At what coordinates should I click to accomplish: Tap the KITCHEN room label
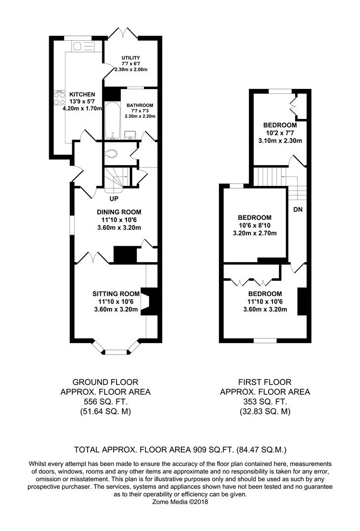pyautogui.click(x=82, y=94)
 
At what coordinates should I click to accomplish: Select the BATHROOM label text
pyautogui.click(x=140, y=105)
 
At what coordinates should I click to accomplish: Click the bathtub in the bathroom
pyautogui.click(x=111, y=121)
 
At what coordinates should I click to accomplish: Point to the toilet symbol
pyautogui.click(x=111, y=153)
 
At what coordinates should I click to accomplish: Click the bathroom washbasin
pyautogui.click(x=131, y=134)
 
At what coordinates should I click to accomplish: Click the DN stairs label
pyautogui.click(x=298, y=209)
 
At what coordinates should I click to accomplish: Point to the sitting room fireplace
pyautogui.click(x=150, y=300)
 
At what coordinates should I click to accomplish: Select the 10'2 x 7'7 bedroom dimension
pyautogui.click(x=280, y=133)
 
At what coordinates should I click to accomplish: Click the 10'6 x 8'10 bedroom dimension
pyautogui.click(x=255, y=225)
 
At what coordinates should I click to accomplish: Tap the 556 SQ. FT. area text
pyautogui.click(x=105, y=402)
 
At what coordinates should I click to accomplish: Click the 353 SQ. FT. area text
pyautogui.click(x=265, y=402)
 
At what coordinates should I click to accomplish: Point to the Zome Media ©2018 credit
pyautogui.click(x=180, y=502)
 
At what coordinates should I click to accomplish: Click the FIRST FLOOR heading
pyautogui.click(x=265, y=382)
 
